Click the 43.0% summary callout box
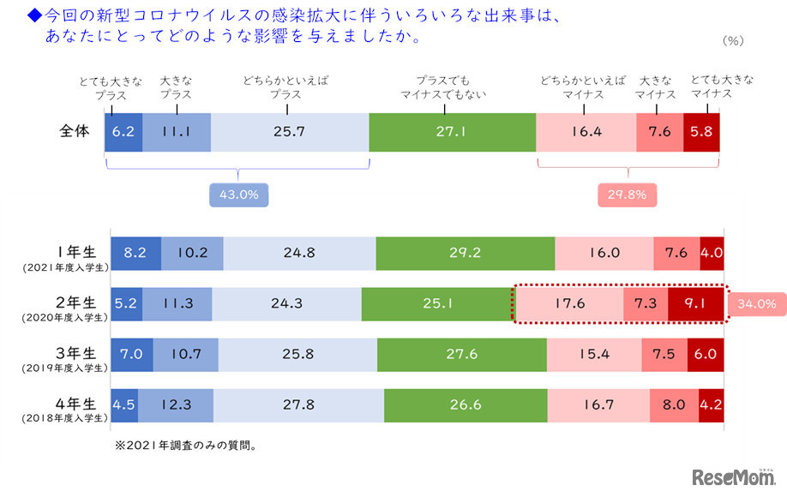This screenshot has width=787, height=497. tap(238, 195)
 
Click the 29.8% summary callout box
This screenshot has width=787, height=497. tap(627, 195)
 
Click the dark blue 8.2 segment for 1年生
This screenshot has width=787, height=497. tap(135, 254)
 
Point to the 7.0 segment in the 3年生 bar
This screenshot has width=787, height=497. tap(132, 354)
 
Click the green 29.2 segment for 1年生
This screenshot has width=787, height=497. tap(465, 254)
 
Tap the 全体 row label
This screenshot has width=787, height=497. tap(75, 132)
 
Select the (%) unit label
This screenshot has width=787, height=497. tap(734, 40)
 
